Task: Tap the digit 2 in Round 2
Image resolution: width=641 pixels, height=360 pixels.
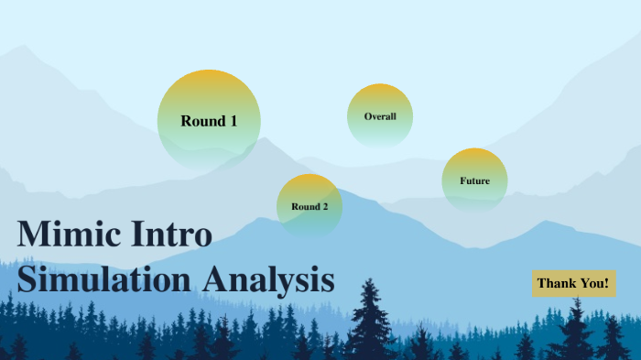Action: tap(324, 207)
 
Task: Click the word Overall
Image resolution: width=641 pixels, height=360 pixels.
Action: tap(380, 117)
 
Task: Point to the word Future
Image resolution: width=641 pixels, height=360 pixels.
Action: tap(474, 181)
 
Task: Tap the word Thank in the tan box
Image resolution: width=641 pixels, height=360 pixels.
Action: tap(556, 284)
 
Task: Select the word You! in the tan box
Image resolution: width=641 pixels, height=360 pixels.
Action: tap(593, 284)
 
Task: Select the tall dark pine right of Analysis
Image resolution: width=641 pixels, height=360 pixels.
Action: tap(369, 321)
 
